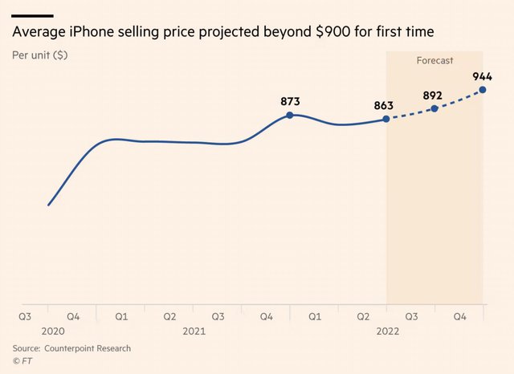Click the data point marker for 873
click(x=290, y=115)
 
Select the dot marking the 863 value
click(x=386, y=119)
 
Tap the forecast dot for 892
click(x=434, y=108)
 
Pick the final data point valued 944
click(x=483, y=89)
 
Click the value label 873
click(x=290, y=101)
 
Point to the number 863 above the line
click(x=385, y=105)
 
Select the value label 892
click(x=433, y=94)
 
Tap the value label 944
click(x=482, y=76)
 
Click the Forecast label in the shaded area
click(x=434, y=60)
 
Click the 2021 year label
click(x=194, y=331)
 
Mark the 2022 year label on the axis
click(x=386, y=331)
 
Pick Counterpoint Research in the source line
click(x=88, y=348)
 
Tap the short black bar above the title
click(x=33, y=15)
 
